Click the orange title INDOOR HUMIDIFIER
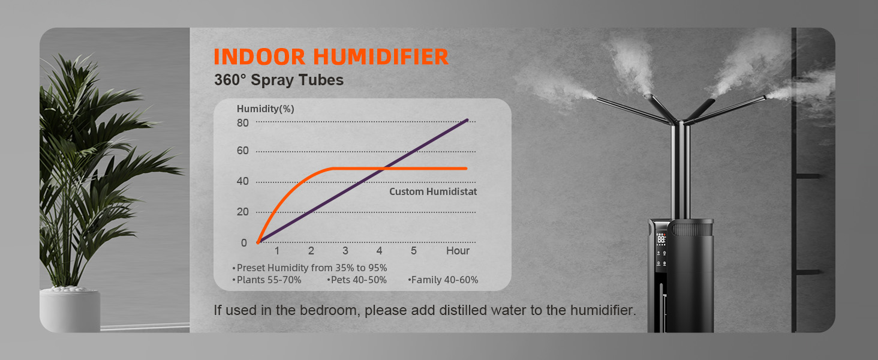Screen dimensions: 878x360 coord(331,56)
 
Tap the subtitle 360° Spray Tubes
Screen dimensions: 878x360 coord(279,80)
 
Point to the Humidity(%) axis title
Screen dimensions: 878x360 coord(265,109)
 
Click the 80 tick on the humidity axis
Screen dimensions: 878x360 coord(243,123)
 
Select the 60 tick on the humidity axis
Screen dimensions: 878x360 coord(243,151)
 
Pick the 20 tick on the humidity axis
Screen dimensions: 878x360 coord(243,212)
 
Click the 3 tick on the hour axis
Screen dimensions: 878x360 coord(345,251)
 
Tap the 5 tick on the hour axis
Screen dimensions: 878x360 coord(414,251)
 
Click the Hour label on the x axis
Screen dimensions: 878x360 coord(458,251)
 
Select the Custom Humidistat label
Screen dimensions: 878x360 coord(433,192)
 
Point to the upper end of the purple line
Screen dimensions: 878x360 coord(467,120)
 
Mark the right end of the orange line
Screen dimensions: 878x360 coord(467,169)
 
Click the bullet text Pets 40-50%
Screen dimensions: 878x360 coord(358,280)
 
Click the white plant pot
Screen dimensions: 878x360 coord(70,310)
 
